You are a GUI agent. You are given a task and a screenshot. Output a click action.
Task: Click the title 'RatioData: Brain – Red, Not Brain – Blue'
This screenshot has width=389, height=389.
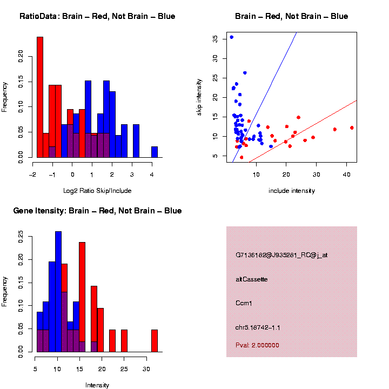pyautogui.click(x=97, y=16)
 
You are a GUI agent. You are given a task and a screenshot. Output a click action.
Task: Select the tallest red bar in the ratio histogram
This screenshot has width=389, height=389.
pyautogui.click(x=40, y=97)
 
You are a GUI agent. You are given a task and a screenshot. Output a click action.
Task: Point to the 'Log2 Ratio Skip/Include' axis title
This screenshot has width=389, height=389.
pyautogui.click(x=97, y=191)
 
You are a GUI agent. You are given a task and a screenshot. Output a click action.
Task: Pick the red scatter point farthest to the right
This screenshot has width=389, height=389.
pyautogui.click(x=352, y=128)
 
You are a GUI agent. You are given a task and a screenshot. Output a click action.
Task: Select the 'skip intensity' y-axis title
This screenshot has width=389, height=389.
pyautogui.click(x=199, y=96)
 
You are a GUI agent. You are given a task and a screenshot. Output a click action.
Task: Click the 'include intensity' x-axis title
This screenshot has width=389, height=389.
pyautogui.click(x=292, y=191)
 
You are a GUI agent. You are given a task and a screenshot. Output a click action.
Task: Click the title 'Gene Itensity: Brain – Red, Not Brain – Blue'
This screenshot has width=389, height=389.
pyautogui.click(x=97, y=211)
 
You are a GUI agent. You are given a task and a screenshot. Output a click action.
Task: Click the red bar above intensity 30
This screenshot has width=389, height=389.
pyautogui.click(x=155, y=341)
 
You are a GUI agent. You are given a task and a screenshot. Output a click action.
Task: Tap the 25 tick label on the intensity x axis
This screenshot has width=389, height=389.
pyautogui.click(x=124, y=370)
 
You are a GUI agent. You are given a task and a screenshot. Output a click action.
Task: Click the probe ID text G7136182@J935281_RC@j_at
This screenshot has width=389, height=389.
pyautogui.click(x=281, y=255)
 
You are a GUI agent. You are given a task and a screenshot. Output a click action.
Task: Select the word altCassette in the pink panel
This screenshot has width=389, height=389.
pyautogui.click(x=252, y=279)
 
